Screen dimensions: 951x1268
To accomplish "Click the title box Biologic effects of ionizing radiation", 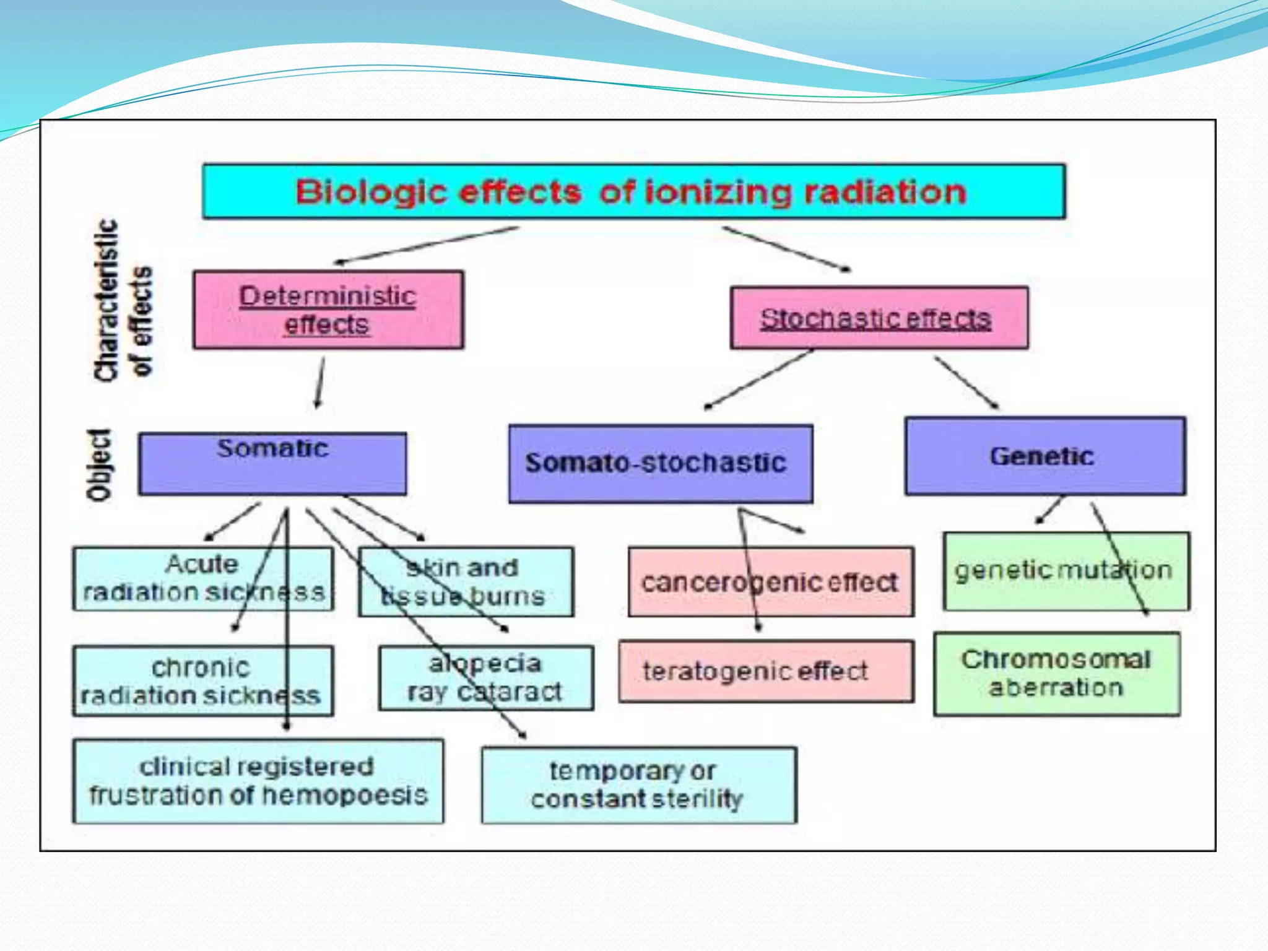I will point(633,191).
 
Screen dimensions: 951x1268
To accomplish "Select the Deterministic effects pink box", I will point(328,310).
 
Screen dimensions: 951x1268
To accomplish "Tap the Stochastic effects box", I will point(879,318).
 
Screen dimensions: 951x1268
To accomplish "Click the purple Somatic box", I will point(272,463).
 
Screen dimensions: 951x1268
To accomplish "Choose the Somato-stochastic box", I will point(660,463).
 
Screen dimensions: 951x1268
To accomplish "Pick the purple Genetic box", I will point(1044,456).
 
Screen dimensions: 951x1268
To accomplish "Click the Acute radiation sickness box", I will point(203,578).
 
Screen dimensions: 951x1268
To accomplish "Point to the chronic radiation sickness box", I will point(202,681).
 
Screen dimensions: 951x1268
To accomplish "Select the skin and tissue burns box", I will point(466,581).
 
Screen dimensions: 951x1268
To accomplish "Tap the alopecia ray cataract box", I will point(486,678).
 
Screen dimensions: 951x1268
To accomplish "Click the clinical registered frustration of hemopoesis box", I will point(258,781).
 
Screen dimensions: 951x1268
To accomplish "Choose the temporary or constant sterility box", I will point(638,785).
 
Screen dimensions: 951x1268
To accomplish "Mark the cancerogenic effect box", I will point(770,581).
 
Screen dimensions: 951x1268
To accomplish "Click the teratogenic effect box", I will point(766,671).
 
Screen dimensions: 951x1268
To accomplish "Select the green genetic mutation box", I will point(1066,570).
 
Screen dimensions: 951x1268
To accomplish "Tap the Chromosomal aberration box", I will point(1056,674).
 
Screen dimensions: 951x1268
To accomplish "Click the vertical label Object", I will point(99,464).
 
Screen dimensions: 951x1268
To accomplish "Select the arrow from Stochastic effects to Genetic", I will point(966,382).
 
